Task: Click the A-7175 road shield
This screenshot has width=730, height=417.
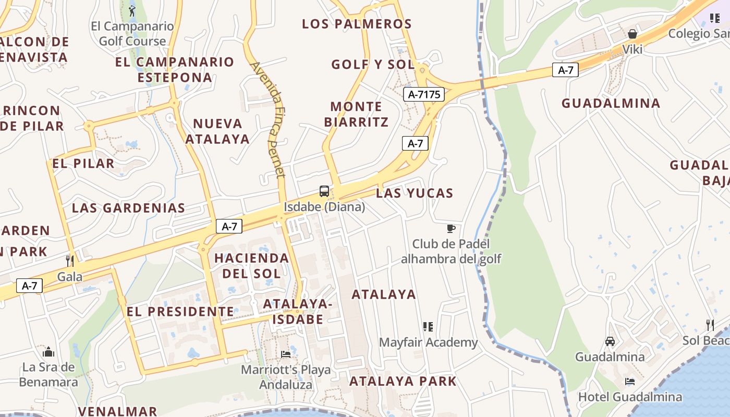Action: coord(423,94)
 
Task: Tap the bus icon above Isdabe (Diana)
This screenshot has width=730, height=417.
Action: coord(324,191)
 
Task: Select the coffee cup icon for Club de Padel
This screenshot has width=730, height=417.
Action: coord(451,228)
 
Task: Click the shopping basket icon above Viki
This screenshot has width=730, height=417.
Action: coord(632,34)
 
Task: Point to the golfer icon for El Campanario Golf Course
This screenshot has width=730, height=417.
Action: coord(132,10)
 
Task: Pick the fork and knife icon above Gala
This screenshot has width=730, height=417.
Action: coord(70,261)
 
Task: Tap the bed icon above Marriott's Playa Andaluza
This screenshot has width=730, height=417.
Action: coord(286,354)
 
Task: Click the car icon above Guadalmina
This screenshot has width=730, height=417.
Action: coord(610,341)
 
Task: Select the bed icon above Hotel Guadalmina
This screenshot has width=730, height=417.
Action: coord(630,382)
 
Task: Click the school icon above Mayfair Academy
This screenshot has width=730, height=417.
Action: coord(428,327)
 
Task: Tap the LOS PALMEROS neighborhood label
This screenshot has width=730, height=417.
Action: coord(357,24)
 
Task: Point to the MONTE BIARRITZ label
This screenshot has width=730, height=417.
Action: coord(357,114)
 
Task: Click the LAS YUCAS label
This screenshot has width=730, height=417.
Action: coord(415,193)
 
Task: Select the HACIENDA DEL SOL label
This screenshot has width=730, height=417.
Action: coord(251,265)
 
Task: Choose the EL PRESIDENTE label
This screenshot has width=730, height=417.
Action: coord(180,312)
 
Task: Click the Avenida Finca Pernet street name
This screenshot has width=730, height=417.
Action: coord(269,119)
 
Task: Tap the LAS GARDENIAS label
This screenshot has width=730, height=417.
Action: coord(128,208)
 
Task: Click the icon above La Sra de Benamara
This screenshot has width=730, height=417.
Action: coord(48,352)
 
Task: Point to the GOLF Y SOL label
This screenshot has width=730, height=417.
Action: coord(372,65)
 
